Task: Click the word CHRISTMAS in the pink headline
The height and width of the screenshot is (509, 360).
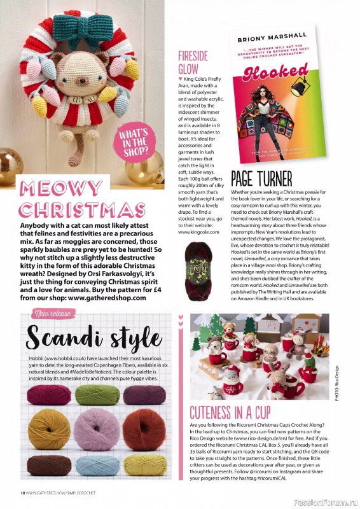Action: tap(81, 211)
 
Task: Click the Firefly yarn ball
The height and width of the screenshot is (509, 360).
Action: tap(200, 262)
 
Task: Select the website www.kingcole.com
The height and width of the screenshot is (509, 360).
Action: tap(198, 232)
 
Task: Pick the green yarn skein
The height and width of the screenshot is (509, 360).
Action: tap(97, 395)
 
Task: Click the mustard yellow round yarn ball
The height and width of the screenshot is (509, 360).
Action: tap(50, 429)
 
